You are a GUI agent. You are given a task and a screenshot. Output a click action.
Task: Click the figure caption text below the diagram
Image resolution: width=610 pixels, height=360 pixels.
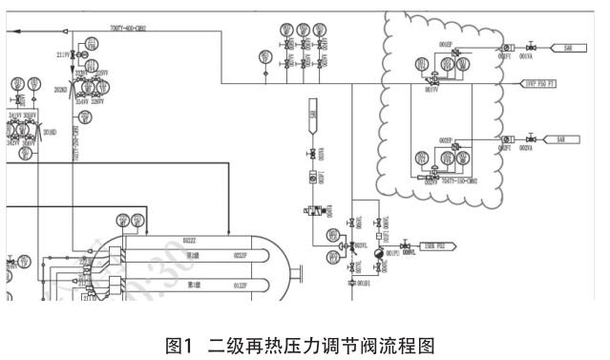305,335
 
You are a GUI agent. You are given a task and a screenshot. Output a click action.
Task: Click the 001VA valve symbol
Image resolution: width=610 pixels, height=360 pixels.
532,47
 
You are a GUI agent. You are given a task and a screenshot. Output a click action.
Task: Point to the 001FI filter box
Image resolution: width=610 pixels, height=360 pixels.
508,47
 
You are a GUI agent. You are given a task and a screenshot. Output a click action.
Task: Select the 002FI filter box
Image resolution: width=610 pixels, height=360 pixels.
506,139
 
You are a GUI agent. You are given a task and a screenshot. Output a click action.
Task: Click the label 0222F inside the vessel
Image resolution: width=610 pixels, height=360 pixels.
241,255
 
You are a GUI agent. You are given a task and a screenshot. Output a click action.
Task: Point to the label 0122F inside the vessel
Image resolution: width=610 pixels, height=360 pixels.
241,285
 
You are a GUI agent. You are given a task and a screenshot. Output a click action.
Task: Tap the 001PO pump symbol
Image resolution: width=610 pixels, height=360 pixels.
376,254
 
